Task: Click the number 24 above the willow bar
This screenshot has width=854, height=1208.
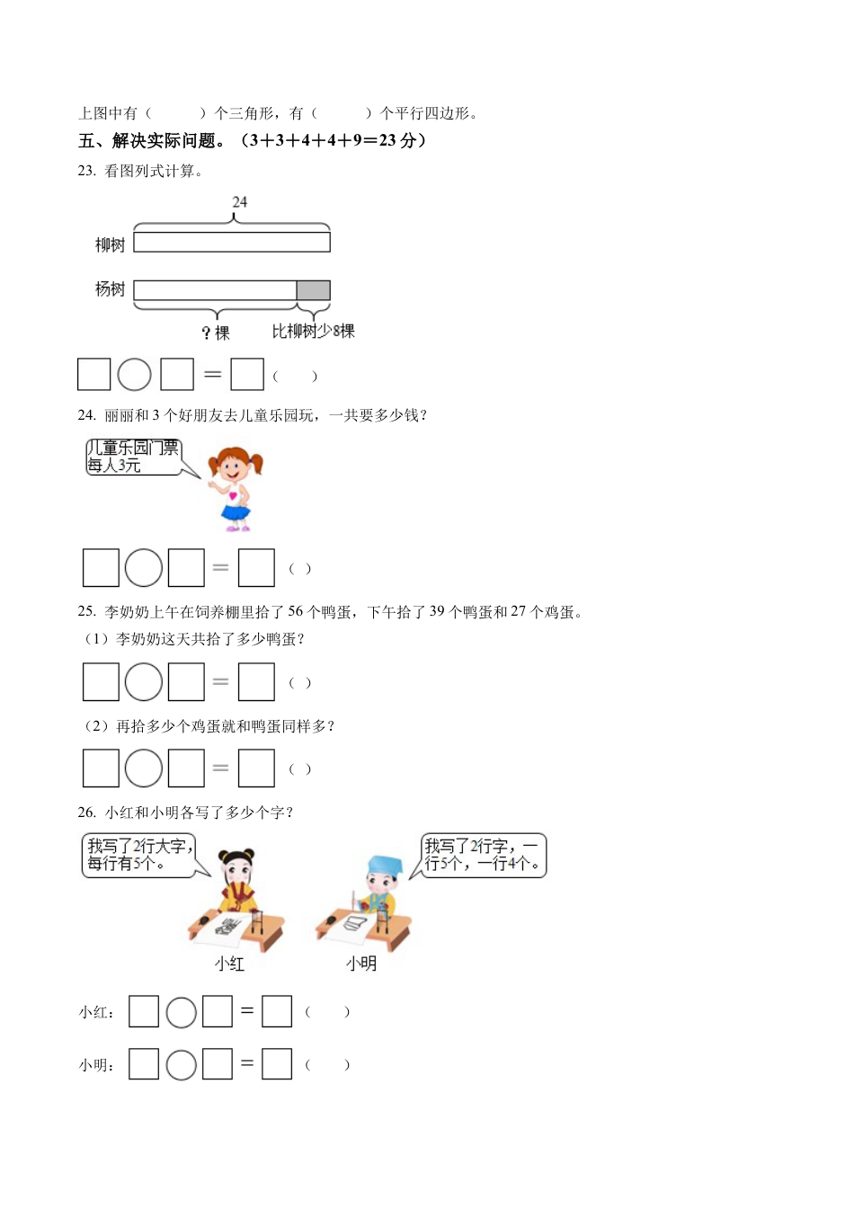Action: pos(239,202)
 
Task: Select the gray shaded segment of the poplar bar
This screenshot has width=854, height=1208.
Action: pos(313,290)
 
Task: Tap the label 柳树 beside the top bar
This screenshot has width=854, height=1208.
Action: pos(110,244)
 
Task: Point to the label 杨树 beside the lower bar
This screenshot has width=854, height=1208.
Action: pos(110,289)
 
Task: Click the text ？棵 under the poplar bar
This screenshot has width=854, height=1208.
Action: pos(216,333)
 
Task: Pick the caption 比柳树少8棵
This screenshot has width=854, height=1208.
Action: pos(313,332)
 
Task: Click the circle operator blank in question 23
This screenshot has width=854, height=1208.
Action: pos(135,375)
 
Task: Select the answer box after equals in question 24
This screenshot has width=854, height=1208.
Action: pos(256,568)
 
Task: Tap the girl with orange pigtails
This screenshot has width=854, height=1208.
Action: pos(236,486)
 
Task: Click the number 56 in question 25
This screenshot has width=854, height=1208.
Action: pos(296,612)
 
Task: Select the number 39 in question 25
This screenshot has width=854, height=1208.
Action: pos(437,612)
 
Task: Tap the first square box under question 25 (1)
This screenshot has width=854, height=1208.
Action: pos(101,682)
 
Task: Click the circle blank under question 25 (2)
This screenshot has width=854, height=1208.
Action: pos(144,768)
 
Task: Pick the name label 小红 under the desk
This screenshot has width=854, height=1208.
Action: pos(229,964)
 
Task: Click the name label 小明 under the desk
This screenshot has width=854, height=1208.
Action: pos(361,964)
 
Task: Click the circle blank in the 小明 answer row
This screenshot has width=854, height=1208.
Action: pos(182,1065)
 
